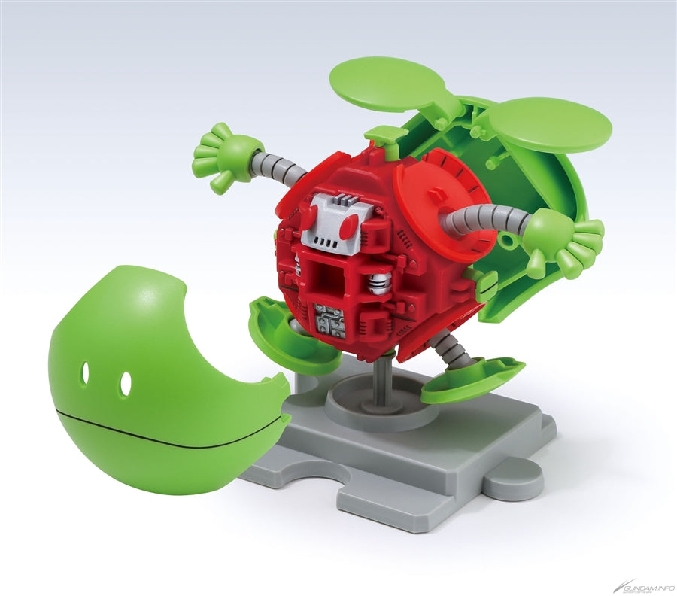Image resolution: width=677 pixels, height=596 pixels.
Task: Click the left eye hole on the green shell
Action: click(85, 372)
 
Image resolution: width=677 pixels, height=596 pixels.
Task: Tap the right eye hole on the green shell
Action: click(125, 383)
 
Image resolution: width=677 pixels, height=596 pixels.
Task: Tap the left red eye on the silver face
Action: click(309, 213)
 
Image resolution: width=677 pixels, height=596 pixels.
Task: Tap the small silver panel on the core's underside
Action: click(331, 320)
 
